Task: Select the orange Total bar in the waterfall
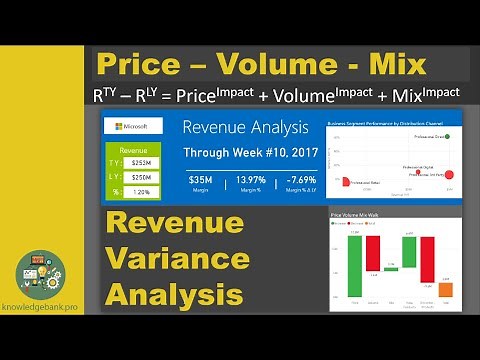446,290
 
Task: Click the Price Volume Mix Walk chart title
353,214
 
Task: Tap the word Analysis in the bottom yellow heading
176,295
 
